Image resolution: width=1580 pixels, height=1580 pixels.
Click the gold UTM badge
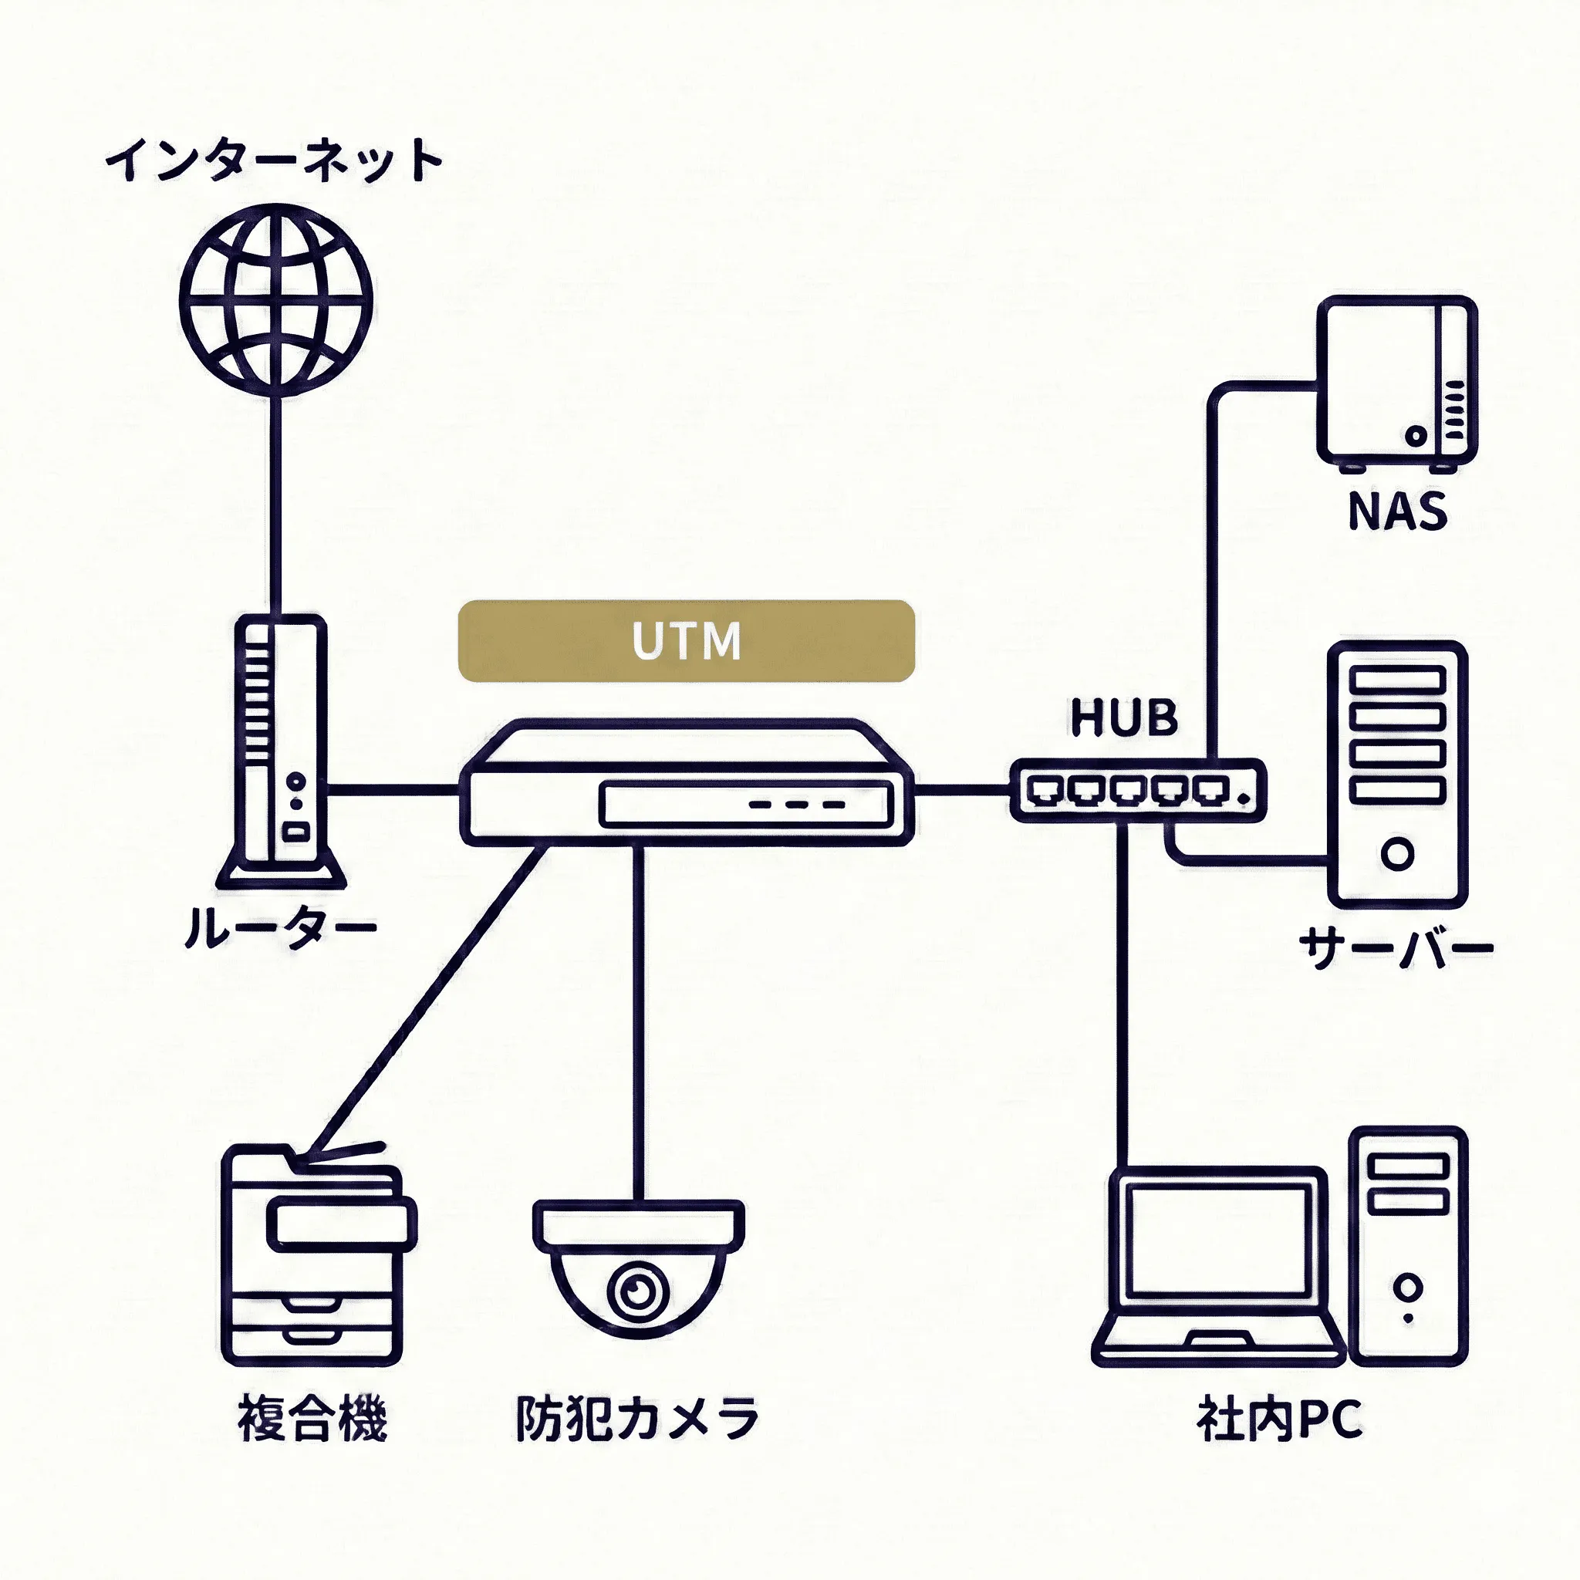685,640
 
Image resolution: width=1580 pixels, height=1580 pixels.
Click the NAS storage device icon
1396,382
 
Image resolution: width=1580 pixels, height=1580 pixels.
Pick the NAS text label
1397,511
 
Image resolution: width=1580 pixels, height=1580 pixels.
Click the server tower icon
1397,773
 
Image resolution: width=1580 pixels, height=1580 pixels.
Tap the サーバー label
1395,949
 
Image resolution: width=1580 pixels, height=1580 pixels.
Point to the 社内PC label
1280,1420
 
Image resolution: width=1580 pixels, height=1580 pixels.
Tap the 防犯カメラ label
637,1419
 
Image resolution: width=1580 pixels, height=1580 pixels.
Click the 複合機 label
312,1419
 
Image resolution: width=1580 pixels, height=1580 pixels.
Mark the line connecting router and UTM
393,790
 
